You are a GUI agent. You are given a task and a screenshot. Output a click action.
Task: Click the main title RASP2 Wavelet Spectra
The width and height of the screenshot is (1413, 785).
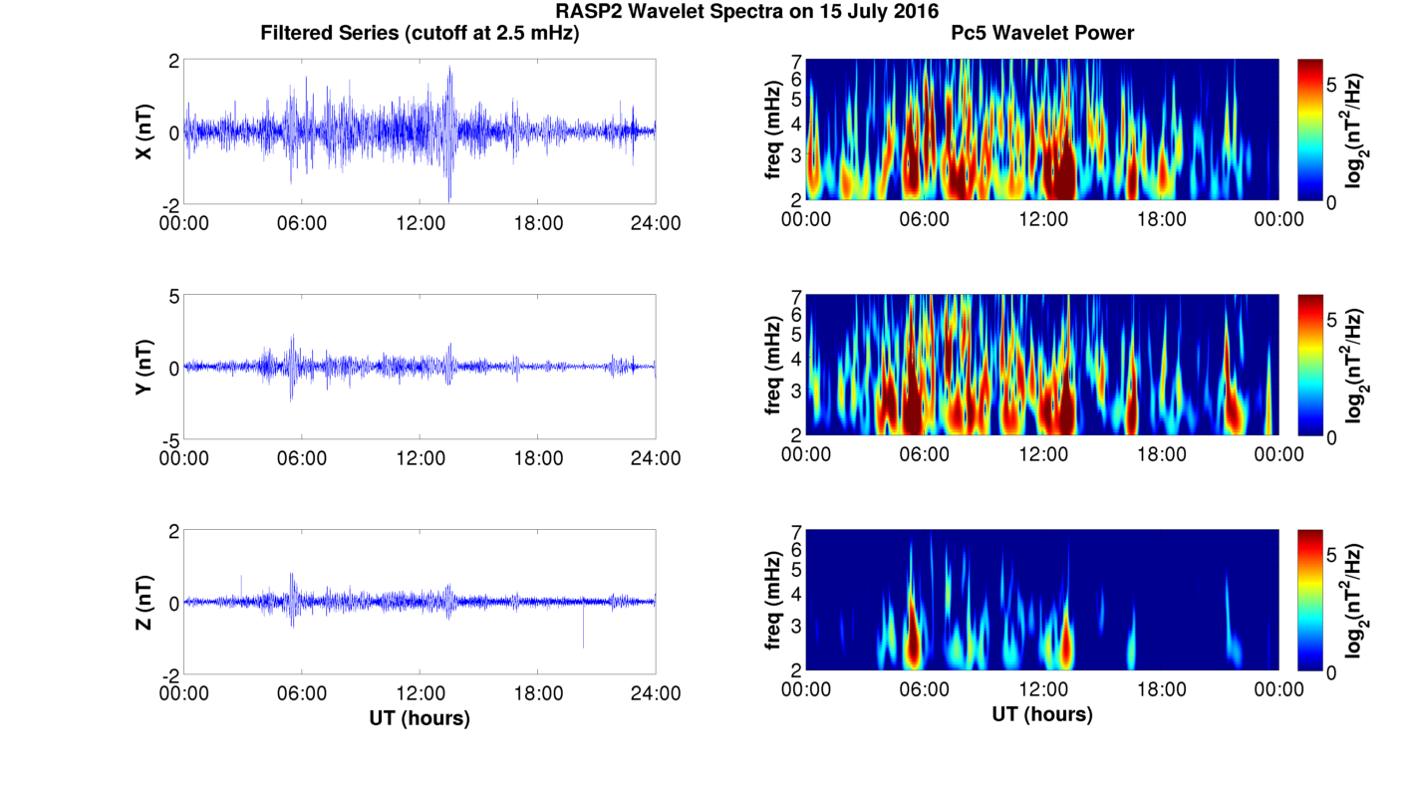746,12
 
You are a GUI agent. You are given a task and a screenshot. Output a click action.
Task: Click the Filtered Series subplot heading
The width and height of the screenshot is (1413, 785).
420,34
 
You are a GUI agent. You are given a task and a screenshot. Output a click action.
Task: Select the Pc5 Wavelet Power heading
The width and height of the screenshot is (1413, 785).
1042,34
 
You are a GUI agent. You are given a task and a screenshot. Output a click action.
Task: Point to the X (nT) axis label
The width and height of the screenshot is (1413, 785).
144,131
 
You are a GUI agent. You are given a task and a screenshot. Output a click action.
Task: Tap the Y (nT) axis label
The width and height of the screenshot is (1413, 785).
144,367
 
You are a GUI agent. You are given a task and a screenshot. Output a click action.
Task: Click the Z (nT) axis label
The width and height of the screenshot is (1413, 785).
144,602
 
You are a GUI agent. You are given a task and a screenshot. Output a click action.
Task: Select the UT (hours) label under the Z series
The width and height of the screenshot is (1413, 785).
420,717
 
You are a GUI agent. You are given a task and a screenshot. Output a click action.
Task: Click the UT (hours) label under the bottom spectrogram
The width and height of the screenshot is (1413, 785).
1042,714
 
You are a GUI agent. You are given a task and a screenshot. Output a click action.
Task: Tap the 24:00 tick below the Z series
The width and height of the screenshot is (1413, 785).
655,693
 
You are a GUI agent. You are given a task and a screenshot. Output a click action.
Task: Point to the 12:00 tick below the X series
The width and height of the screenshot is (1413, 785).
420,223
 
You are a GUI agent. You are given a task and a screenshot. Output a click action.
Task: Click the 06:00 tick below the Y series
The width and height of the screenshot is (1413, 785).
302,458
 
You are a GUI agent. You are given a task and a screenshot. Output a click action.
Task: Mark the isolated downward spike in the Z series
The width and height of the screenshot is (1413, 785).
583,638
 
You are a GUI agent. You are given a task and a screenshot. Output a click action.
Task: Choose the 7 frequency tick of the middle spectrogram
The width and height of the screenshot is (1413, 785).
796,297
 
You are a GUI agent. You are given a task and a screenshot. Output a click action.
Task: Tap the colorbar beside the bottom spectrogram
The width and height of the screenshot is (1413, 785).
1310,601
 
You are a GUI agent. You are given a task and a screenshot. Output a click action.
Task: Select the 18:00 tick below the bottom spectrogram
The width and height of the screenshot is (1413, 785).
1161,689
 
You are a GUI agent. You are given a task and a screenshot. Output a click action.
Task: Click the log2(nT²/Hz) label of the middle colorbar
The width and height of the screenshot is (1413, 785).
1355,367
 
